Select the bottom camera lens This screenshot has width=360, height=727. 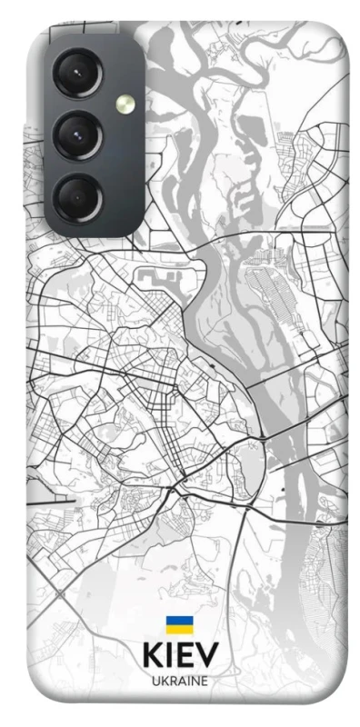click(x=78, y=197)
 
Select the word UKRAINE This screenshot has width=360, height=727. click(x=180, y=681)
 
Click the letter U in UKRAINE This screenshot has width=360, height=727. click(x=155, y=681)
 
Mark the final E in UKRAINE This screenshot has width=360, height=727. click(x=205, y=681)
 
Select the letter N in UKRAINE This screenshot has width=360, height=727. click(x=195, y=681)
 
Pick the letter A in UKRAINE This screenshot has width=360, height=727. click(x=180, y=681)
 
